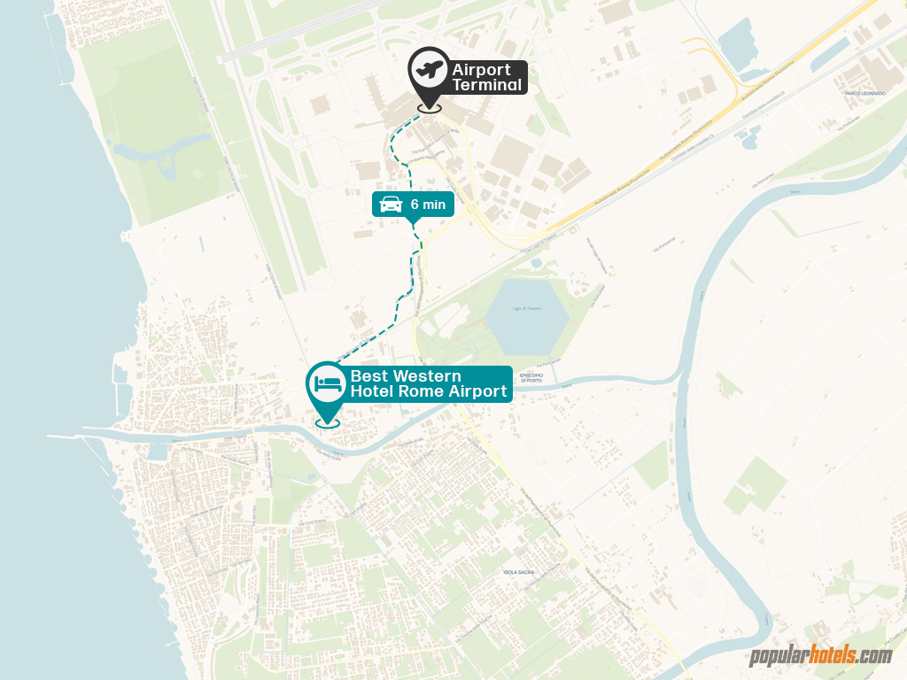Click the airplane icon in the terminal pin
(428, 69)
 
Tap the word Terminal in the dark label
(486, 85)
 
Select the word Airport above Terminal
(481, 70)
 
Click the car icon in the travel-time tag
(391, 205)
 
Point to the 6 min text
(428, 205)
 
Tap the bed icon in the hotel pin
(328, 383)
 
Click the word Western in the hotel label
(429, 376)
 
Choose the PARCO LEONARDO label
(865, 93)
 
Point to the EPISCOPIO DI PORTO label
(532, 377)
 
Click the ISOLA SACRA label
(517, 572)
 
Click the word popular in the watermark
(778, 656)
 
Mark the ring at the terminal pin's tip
(429, 108)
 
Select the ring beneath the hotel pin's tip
(328, 423)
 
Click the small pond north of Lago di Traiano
(748, 135)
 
